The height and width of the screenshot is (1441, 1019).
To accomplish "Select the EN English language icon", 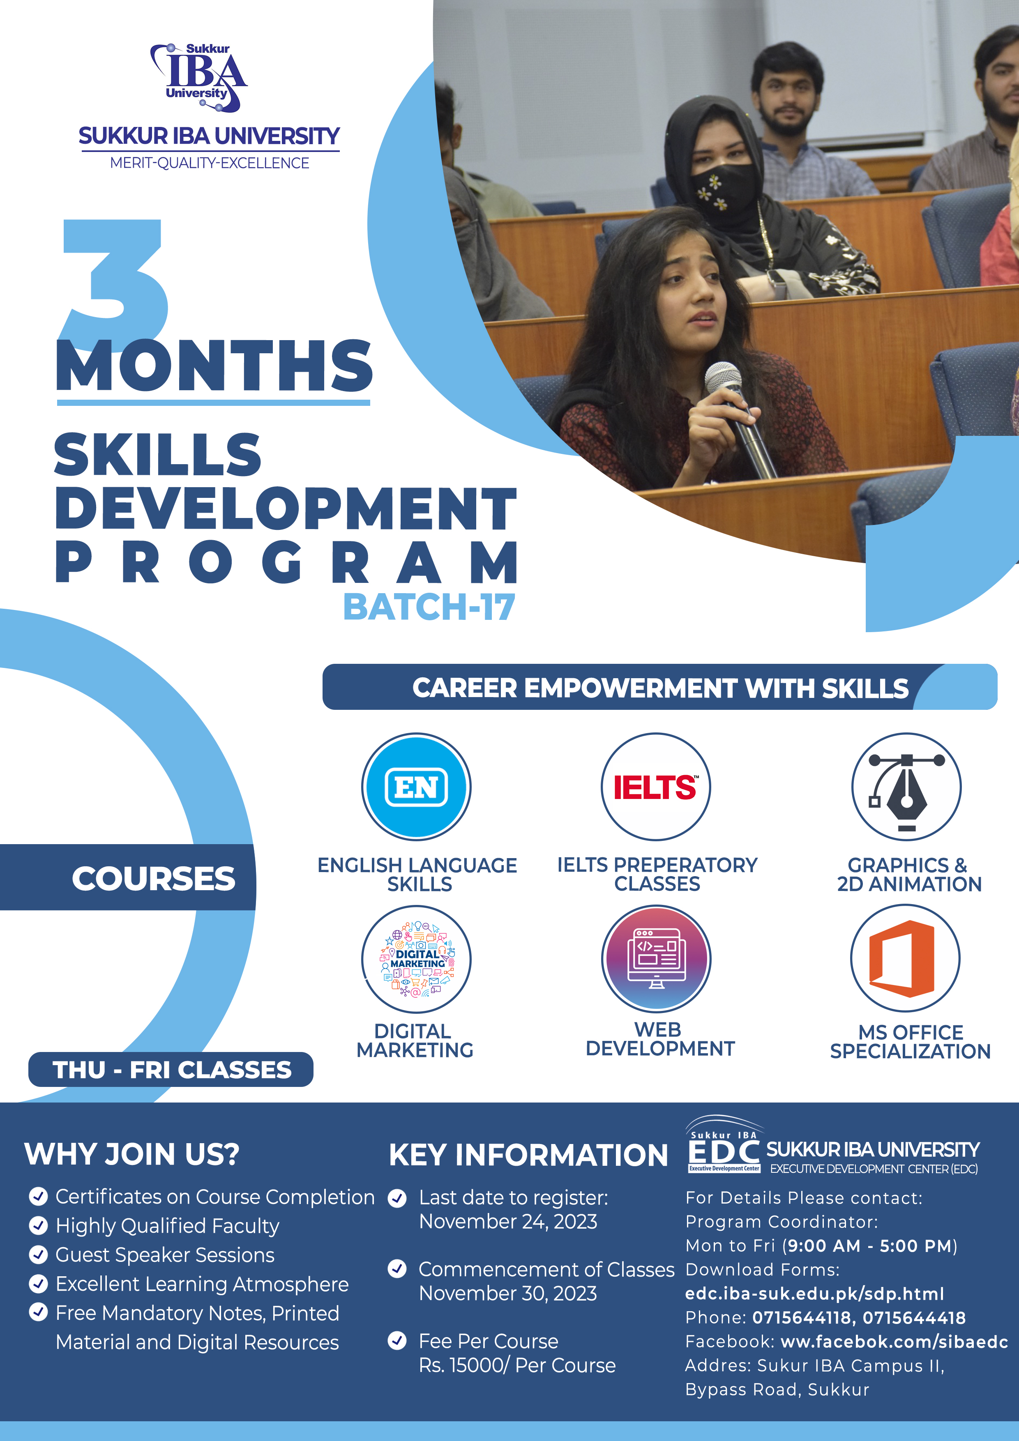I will pyautogui.click(x=416, y=786).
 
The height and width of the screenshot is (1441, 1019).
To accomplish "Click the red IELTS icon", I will pyautogui.click(x=655, y=786).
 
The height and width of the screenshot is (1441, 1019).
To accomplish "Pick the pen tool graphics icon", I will pyautogui.click(x=906, y=786).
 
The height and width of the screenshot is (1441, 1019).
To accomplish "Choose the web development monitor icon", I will pyautogui.click(x=656, y=958).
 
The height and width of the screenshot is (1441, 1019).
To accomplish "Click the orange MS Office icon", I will pyautogui.click(x=905, y=958).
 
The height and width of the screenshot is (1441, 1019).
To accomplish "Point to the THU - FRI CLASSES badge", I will pyautogui.click(x=171, y=1069).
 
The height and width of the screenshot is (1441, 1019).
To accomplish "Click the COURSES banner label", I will pyautogui.click(x=153, y=878).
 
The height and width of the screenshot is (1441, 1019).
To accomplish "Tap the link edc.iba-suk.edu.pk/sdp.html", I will pyautogui.click(x=814, y=1294).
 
